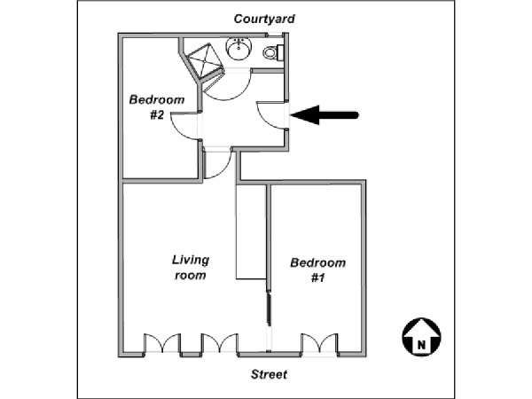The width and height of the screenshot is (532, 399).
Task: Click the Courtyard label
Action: pos(264,19)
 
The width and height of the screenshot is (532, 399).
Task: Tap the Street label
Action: pos(269,374)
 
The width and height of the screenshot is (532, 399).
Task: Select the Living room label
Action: pos(191,268)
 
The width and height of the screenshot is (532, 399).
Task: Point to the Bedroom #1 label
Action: pos(318,270)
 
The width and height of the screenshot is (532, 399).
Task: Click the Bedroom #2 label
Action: pos(157,107)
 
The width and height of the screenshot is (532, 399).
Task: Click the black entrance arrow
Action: pos(325,115)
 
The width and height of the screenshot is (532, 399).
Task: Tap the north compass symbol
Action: pos(421,337)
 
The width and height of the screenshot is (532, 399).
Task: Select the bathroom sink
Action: pos(239,49)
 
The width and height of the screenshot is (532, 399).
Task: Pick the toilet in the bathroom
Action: pos(273,53)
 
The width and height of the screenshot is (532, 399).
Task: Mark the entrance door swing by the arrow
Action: pos(273,115)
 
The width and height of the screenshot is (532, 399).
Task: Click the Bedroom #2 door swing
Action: pos(185,126)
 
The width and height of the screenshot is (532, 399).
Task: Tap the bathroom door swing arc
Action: pos(228,84)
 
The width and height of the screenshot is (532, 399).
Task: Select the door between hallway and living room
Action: pos(217,163)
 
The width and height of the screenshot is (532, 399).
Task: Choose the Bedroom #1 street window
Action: pos(319,344)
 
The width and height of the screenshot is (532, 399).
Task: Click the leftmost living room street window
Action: pos(162,344)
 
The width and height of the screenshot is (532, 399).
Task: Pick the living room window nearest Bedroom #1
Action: pos(220,344)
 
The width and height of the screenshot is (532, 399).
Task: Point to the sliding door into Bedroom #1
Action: pos(269,309)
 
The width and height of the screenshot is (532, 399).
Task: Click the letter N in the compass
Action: pos(421,345)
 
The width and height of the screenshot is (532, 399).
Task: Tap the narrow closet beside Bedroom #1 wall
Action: pos(251,232)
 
